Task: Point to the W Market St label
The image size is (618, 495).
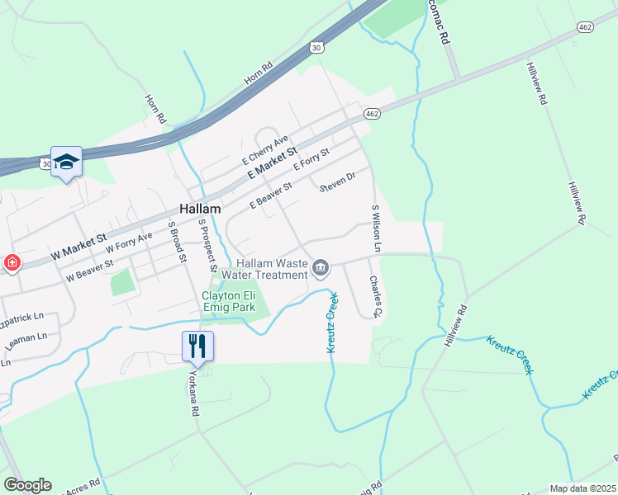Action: [79, 246]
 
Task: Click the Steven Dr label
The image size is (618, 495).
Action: [337, 181]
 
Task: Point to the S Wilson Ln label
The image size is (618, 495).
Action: [376, 228]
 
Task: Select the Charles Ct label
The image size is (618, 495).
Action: [375, 296]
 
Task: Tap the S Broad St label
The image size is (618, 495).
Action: [177, 240]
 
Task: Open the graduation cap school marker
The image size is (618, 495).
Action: [66, 161]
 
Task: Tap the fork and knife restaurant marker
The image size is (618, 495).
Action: [197, 346]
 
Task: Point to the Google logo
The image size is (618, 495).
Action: [27, 485]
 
